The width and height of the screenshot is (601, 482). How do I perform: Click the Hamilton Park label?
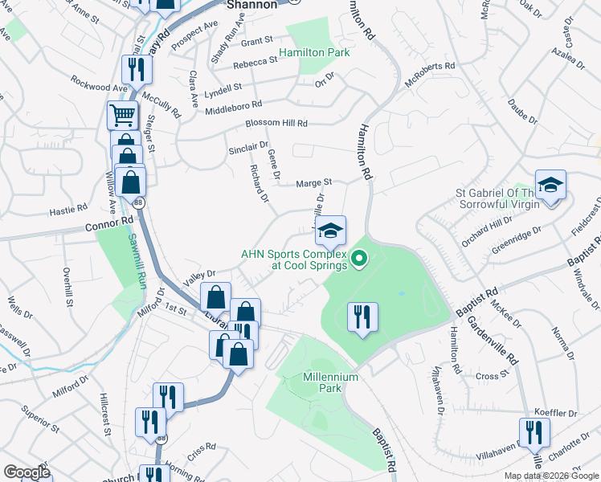coord(315,53)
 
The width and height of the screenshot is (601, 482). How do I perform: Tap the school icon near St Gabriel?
coord(550,186)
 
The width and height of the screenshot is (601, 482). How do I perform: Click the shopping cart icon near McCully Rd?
coord(122,116)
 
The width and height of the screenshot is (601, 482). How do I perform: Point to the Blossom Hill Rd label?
coord(276,124)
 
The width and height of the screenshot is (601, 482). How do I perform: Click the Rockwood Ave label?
coord(99,83)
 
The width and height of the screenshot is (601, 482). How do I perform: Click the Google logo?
coord(27,472)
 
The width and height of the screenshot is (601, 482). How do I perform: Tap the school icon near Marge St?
coord(330,231)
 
